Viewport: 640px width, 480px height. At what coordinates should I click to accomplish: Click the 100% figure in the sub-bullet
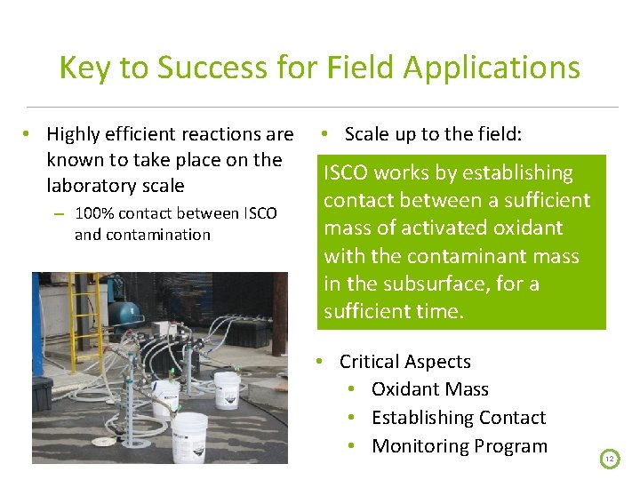pyautogui.click(x=95, y=213)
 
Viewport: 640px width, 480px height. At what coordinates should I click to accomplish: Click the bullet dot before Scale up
pyautogui.click(x=326, y=134)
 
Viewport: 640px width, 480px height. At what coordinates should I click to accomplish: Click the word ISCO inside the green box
pyautogui.click(x=345, y=172)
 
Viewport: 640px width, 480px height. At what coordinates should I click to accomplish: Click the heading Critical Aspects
pyautogui.click(x=404, y=362)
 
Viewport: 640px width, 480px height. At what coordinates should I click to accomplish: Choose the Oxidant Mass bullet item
pyautogui.click(x=429, y=389)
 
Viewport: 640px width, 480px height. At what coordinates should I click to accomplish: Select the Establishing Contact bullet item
pyautogui.click(x=458, y=418)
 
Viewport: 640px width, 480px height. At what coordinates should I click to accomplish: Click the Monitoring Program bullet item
pyautogui.click(x=459, y=446)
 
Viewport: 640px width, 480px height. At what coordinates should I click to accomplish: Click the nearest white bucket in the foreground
pyautogui.click(x=189, y=436)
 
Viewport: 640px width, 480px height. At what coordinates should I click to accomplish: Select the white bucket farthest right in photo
pyautogui.click(x=227, y=389)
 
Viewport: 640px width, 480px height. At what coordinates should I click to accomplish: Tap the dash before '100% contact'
pyautogui.click(x=58, y=214)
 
